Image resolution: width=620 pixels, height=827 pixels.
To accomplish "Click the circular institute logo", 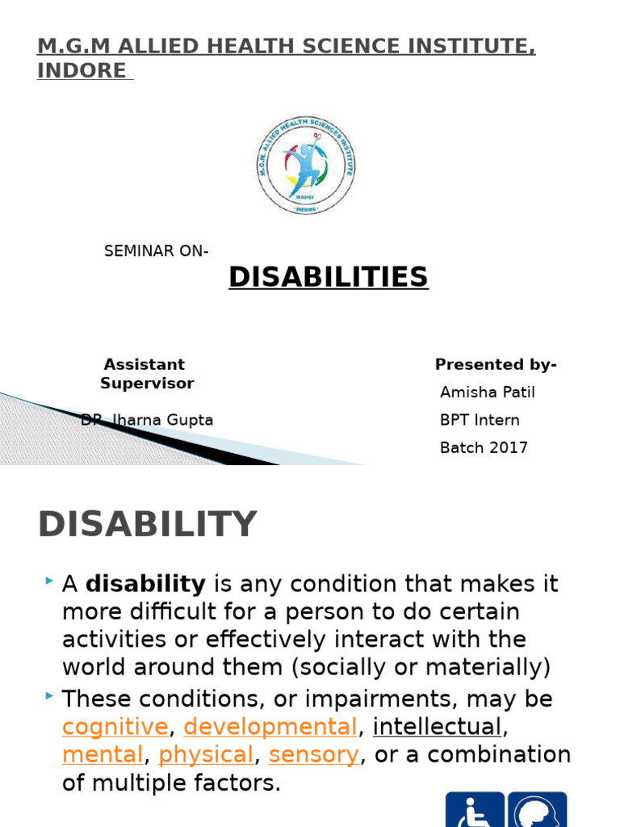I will (306, 165).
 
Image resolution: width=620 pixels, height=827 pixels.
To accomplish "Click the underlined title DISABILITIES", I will (328, 277).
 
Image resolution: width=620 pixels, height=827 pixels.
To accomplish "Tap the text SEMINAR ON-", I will (156, 251).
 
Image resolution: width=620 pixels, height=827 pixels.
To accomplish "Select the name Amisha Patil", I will (487, 393).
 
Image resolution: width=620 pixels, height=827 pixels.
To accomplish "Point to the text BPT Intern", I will (480, 420).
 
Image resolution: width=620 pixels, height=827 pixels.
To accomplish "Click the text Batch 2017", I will (484, 447).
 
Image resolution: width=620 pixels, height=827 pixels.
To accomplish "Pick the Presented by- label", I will (496, 364).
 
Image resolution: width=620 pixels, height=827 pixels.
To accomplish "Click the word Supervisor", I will (147, 383).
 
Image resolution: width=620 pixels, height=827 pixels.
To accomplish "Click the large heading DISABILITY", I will (147, 525).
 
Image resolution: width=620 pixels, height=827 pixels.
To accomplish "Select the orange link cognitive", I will (115, 727).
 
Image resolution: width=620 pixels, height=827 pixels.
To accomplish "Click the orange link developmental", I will (270, 727).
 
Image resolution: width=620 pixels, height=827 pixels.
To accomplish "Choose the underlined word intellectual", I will (437, 727).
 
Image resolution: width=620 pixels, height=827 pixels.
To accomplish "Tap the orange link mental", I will (103, 755).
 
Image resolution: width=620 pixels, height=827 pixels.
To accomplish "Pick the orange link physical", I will (206, 755).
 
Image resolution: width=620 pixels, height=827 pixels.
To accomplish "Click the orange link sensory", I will (313, 755).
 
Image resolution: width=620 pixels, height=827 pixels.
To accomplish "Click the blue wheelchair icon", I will (475, 809).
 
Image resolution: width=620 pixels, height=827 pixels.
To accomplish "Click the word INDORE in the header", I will (82, 70).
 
